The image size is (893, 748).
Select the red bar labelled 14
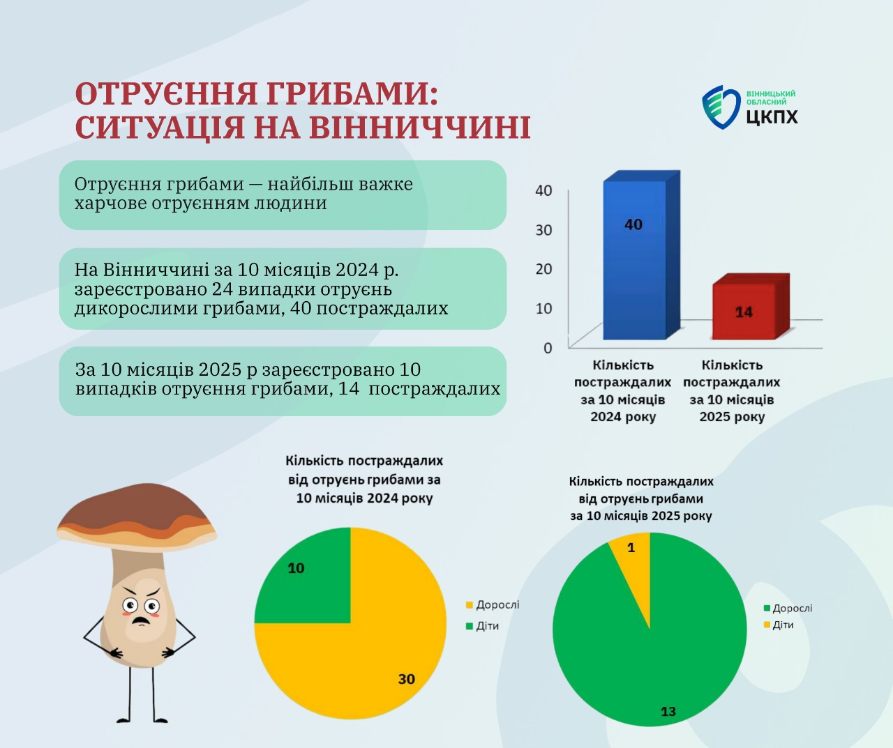[x=744, y=312]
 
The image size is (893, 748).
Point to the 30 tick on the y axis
[x=543, y=229]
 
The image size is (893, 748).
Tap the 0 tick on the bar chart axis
[x=548, y=347]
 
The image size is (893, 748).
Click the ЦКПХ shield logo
[x=720, y=107]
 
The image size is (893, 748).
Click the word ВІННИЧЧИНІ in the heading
[x=419, y=128]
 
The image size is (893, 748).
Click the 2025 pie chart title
[x=641, y=498]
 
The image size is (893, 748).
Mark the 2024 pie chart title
[x=364, y=480]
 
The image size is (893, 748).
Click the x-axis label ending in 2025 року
[x=731, y=391]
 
